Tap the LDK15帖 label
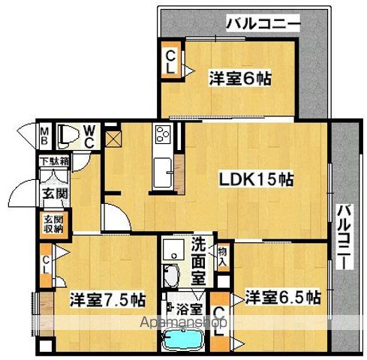pyautogui.click(x=255, y=180)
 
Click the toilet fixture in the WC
pyautogui.click(x=68, y=134)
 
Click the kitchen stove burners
pyautogui.click(x=163, y=136)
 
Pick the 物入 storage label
pyautogui.click(x=222, y=254)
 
